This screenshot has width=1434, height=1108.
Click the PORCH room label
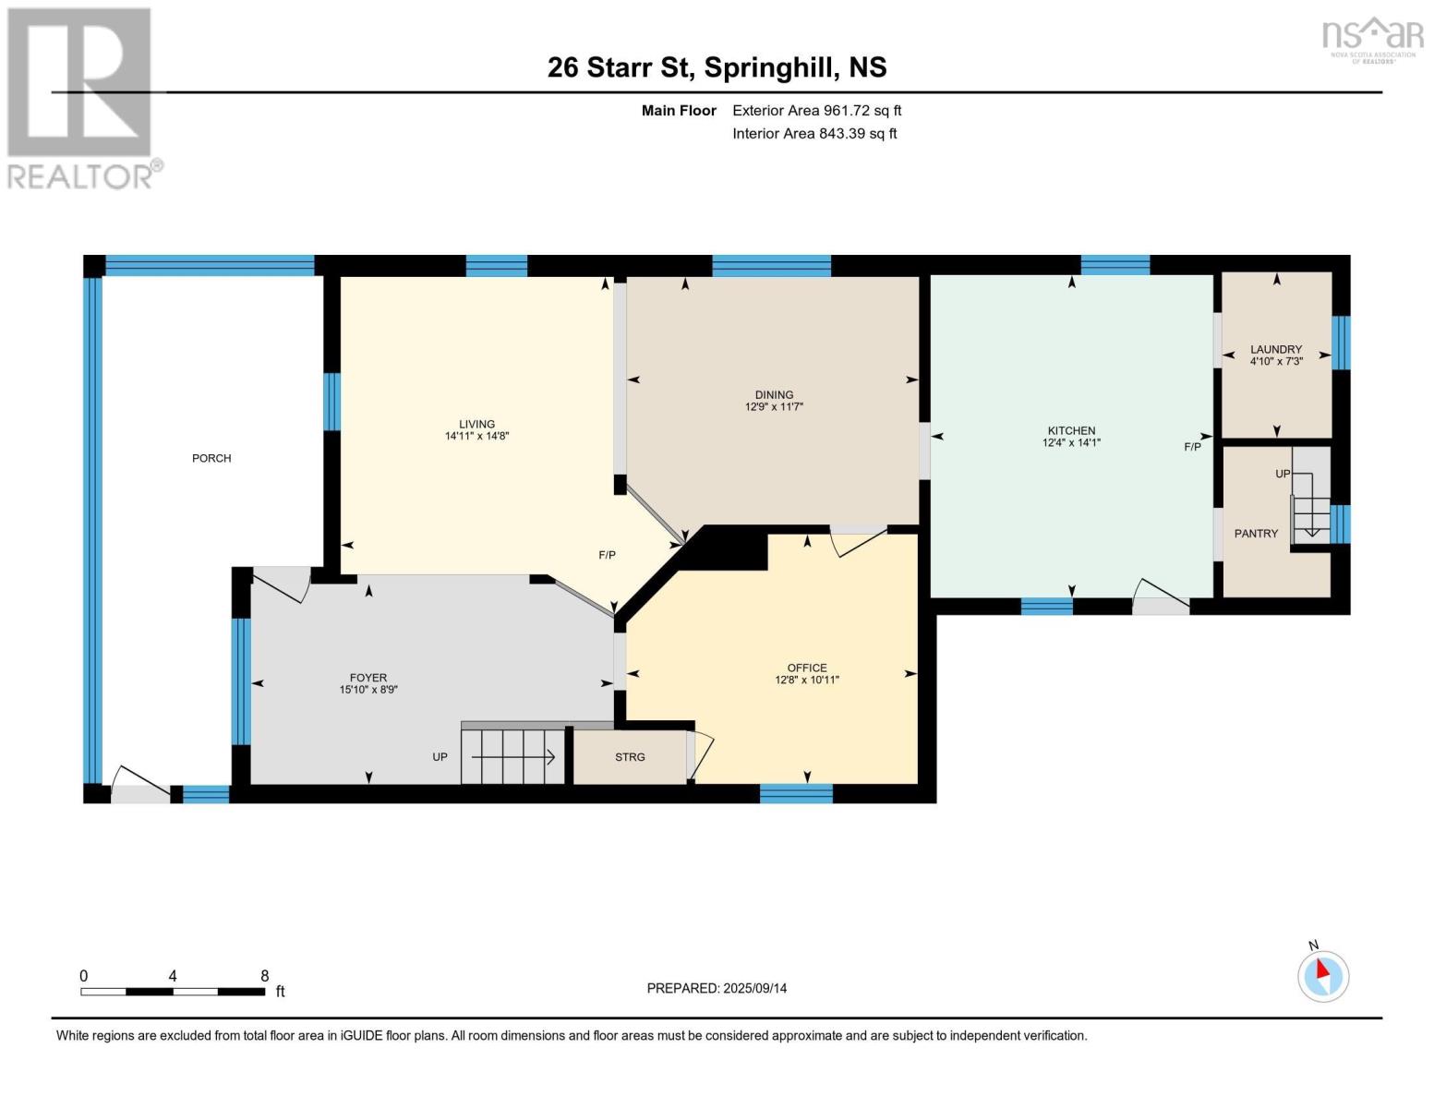(x=211, y=458)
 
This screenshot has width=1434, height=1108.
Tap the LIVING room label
(x=476, y=424)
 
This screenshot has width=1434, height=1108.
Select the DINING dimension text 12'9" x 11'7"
(x=774, y=406)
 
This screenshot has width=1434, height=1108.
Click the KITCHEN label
(x=1071, y=430)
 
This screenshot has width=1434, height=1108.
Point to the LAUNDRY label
(x=1276, y=349)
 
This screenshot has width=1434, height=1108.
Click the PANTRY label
(x=1256, y=534)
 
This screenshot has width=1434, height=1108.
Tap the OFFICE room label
(x=807, y=668)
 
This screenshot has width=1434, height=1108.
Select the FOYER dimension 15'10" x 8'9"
(x=368, y=690)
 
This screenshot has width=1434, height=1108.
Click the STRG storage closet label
(x=630, y=757)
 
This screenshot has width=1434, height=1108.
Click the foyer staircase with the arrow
(x=512, y=757)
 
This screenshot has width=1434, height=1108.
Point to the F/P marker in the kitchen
(x=1192, y=447)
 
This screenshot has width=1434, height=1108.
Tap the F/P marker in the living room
(x=607, y=555)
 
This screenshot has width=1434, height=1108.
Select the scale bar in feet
(x=173, y=991)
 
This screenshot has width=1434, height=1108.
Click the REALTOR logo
(x=81, y=98)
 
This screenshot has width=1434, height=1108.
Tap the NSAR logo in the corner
(x=1372, y=38)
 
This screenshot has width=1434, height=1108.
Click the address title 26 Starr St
(x=717, y=67)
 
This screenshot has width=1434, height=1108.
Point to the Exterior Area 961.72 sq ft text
(x=816, y=111)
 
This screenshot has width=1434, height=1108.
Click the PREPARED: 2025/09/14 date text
(x=717, y=988)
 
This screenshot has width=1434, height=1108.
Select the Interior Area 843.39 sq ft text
(x=814, y=134)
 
